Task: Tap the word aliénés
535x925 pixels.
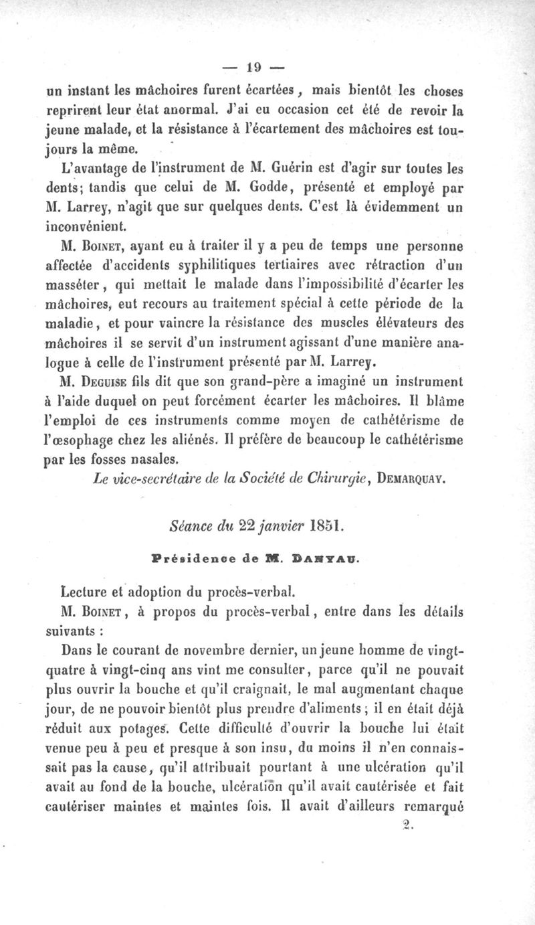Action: coord(213,441)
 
